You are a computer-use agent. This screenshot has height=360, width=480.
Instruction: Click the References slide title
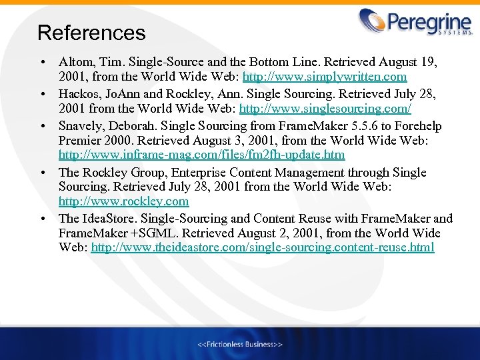click(x=91, y=33)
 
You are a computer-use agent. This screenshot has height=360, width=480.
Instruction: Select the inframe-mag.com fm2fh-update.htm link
click(x=201, y=155)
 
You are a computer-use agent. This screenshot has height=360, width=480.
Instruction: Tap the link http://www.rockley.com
click(x=123, y=201)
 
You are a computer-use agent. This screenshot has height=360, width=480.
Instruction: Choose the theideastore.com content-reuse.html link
click(x=263, y=247)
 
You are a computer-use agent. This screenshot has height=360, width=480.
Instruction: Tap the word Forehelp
click(x=417, y=126)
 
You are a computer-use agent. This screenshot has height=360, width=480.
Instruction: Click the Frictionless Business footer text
click(x=240, y=344)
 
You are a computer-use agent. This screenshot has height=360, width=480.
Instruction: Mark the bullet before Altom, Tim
click(x=42, y=63)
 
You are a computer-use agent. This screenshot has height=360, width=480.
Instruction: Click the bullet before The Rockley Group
click(x=42, y=173)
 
